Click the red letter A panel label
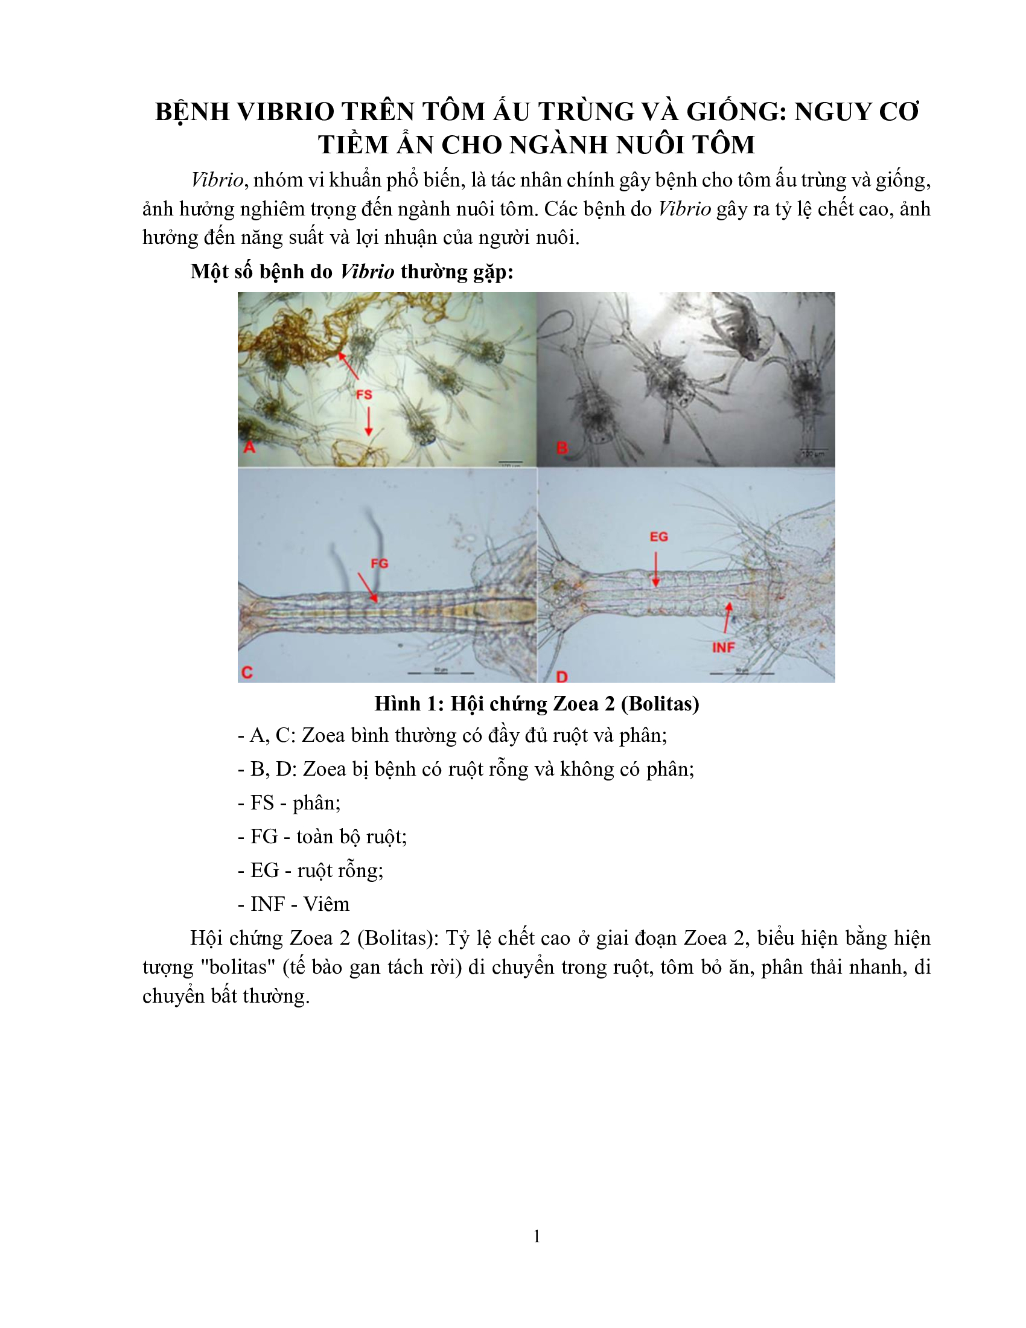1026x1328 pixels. coord(249,447)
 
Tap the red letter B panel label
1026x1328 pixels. coord(562,448)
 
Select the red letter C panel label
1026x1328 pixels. coord(247,672)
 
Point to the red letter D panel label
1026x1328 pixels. coord(562,677)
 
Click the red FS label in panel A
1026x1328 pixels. coord(364,395)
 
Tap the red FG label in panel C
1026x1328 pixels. coord(379,564)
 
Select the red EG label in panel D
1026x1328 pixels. coord(659,537)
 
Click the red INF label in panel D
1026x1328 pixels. coord(723,648)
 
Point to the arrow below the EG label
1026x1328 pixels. coord(656,569)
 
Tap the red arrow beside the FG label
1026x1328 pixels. coord(367,587)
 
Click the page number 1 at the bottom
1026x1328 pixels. coord(537,1236)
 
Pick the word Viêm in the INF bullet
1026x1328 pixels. coord(327,904)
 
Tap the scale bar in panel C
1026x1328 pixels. coord(440,673)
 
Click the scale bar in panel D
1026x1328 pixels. coord(742,673)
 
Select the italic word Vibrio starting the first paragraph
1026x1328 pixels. coord(217,180)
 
